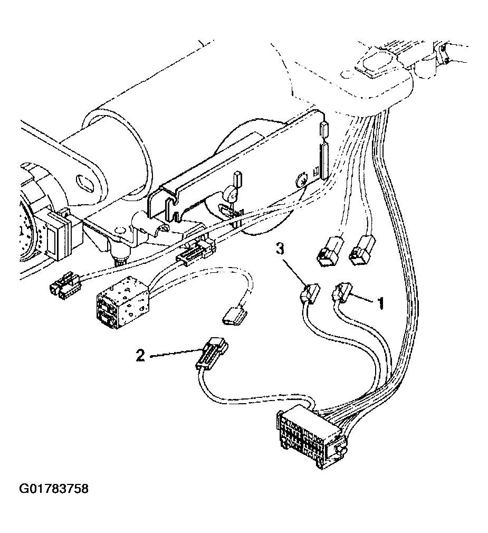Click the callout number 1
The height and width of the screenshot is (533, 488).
381,302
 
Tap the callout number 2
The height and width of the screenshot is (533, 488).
140,355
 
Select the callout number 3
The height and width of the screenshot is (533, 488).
279,249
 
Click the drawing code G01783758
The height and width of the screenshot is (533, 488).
54,489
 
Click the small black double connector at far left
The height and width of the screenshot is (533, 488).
64,284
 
